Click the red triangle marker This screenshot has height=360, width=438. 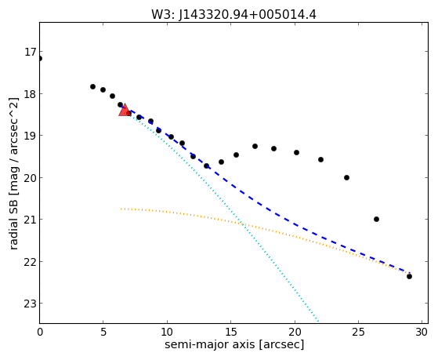coord(125,110)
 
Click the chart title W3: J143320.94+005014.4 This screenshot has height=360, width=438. coord(233,15)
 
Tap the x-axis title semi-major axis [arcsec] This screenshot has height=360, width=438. coord(234,344)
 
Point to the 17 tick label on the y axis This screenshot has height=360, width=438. coord(31,52)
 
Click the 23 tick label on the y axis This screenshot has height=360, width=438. coord(31,304)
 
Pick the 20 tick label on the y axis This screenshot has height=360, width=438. coord(31,177)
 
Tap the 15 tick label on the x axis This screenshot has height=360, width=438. coord(230,333)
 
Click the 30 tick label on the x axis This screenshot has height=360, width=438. coord(422,333)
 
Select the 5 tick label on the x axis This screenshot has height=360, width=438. coord(103,333)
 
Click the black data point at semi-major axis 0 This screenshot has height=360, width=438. coord(40,59)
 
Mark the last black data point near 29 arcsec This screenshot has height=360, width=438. coord(409,277)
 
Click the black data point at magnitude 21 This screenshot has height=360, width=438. coord(376,220)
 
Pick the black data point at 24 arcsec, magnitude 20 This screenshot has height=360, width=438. coord(346,177)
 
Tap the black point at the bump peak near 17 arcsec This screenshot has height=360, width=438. coord(255,147)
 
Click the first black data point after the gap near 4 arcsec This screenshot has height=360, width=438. coord(92,87)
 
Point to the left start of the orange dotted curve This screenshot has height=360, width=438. coord(121,209)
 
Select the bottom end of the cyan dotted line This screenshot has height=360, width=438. coord(318,321)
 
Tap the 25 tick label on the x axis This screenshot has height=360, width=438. coord(358,333)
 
